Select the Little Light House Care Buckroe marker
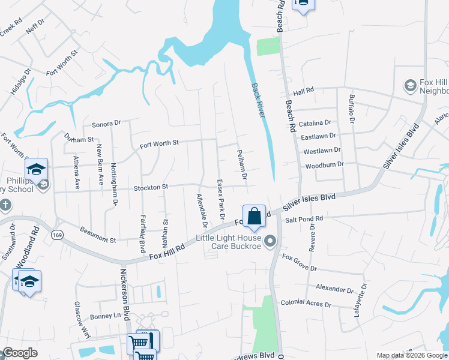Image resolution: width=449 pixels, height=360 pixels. pyautogui.click(x=271, y=241)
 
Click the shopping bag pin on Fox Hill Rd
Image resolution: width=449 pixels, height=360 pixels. pyautogui.click(x=254, y=216)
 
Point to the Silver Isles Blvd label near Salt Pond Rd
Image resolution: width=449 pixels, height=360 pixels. pyautogui.click(x=309, y=201)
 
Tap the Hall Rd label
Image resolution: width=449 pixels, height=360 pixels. pyautogui.click(x=304, y=91)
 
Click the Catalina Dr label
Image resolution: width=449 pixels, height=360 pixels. pyautogui.click(x=315, y=122)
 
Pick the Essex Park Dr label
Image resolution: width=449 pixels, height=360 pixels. pyautogui.click(x=220, y=199)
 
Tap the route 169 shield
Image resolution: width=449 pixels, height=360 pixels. pyautogui.click(x=57, y=234)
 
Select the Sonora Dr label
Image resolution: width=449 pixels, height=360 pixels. pyautogui.click(x=106, y=124)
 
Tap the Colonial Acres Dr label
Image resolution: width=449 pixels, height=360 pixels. pyautogui.click(x=306, y=303)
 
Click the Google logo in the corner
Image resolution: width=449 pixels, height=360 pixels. pyautogui.click(x=19, y=353)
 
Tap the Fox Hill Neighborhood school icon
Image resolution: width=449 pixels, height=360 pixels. pyautogui.click(x=411, y=86)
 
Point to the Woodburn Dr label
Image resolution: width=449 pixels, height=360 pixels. pyautogui.click(x=324, y=165)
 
